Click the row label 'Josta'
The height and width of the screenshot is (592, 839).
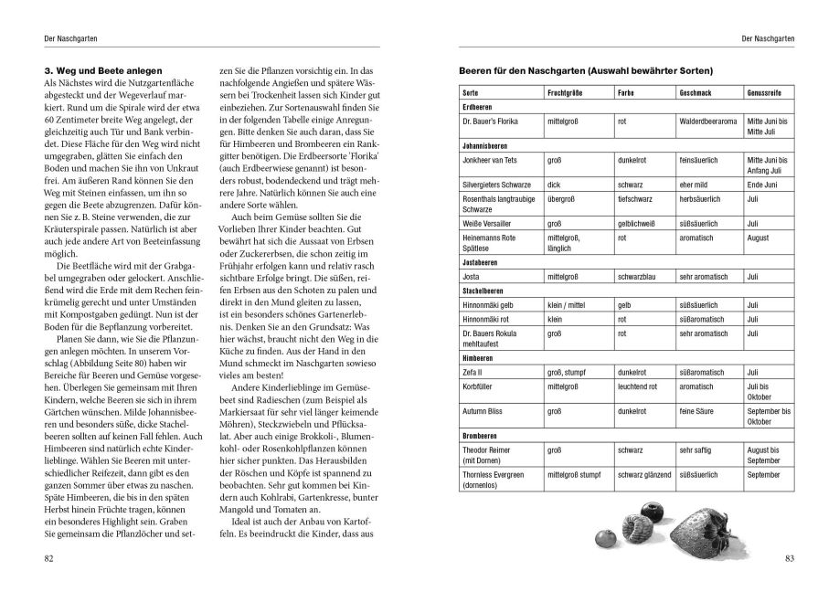coord(473,274)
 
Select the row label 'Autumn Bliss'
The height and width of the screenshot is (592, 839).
coord(486,412)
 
